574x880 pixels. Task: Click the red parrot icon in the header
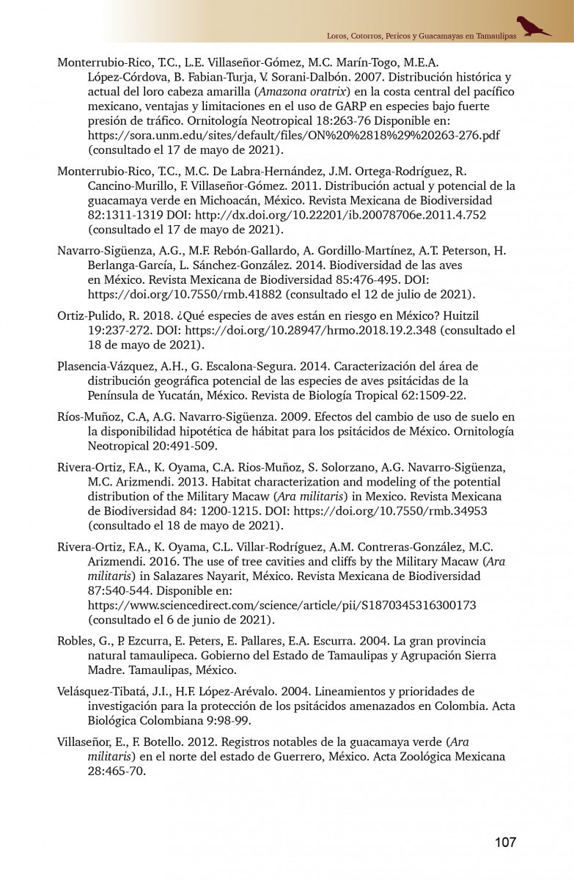pyautogui.click(x=533, y=26)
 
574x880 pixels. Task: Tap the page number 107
pyautogui.click(x=505, y=842)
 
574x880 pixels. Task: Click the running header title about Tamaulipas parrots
pyautogui.click(x=421, y=35)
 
